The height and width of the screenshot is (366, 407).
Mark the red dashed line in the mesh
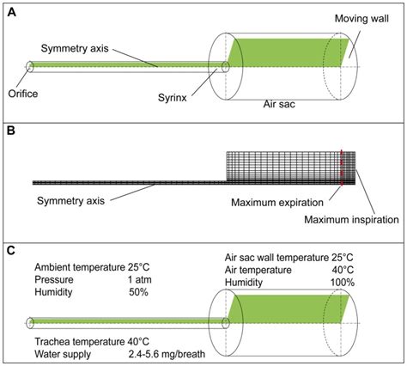(x=342, y=168)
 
